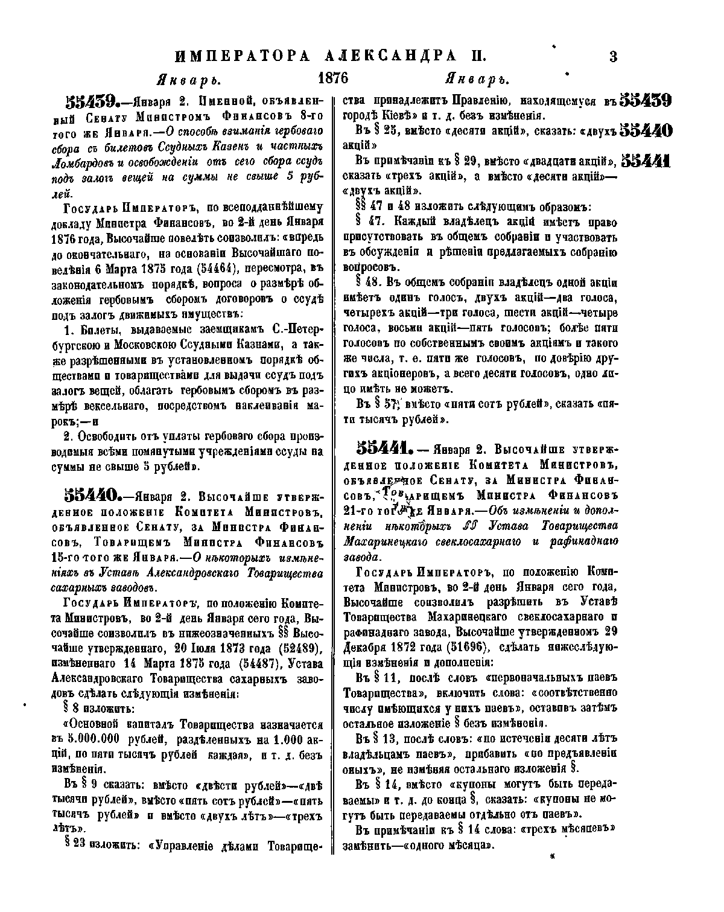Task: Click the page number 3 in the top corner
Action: click(613, 57)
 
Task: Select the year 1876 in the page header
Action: click(333, 79)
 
